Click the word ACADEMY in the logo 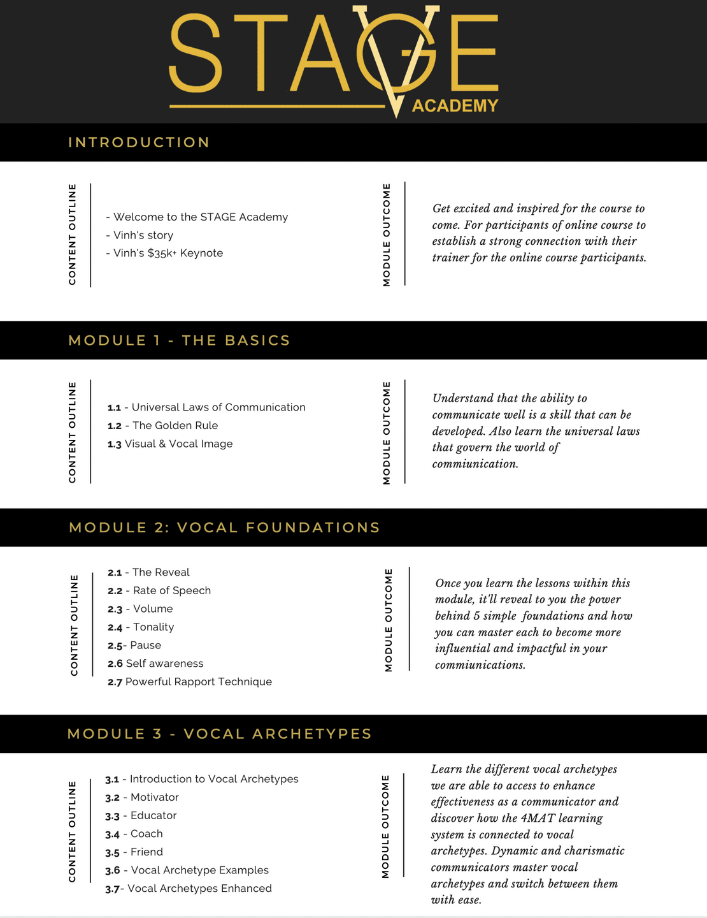(x=455, y=106)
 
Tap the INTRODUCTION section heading (x=139, y=142)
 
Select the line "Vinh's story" (x=139, y=235)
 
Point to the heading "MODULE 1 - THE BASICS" (x=179, y=340)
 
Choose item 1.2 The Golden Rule (x=163, y=426)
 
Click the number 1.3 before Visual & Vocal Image (x=115, y=444)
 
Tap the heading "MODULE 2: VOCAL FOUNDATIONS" (x=224, y=528)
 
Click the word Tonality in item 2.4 (x=154, y=627)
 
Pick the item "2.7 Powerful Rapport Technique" (x=190, y=682)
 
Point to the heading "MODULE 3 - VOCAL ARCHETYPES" (x=219, y=734)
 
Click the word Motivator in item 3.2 (x=155, y=798)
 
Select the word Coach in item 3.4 (x=146, y=834)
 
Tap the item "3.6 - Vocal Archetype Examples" (x=187, y=870)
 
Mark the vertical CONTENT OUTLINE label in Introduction (x=73, y=235)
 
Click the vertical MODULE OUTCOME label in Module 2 (x=389, y=620)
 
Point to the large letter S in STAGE (x=196, y=54)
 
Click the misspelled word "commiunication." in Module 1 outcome (x=475, y=464)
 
